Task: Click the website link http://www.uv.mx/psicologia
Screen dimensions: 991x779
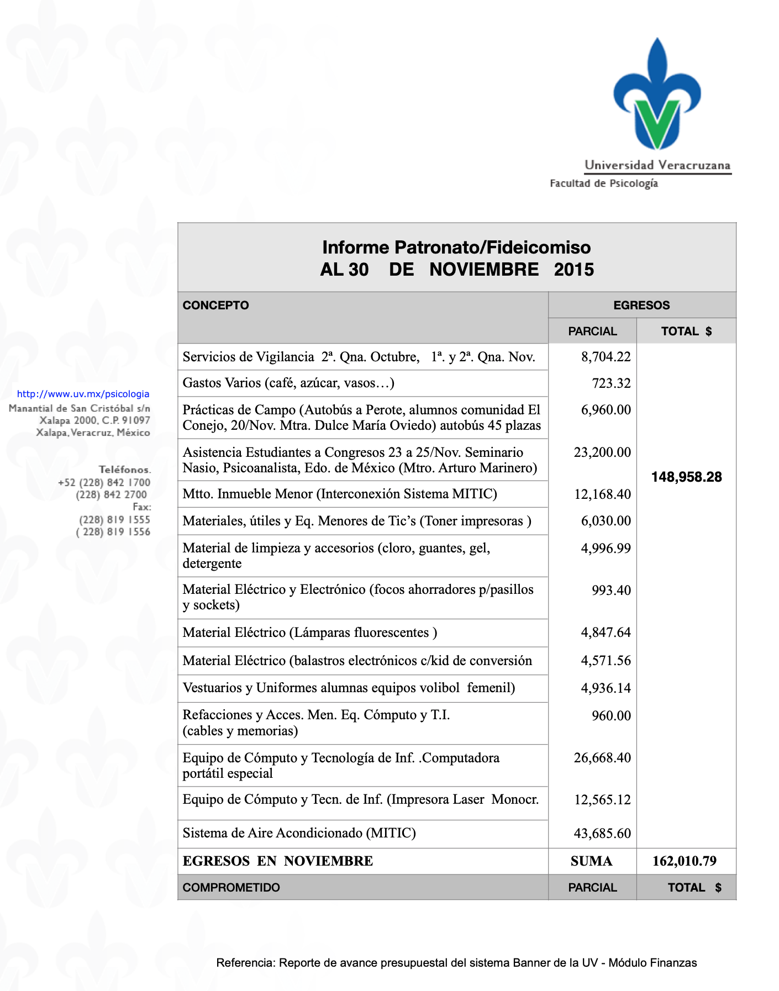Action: click(83, 394)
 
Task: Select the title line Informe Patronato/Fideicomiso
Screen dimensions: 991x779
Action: click(456, 247)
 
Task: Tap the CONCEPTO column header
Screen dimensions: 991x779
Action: click(215, 305)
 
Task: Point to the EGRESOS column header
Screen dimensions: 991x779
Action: click(641, 305)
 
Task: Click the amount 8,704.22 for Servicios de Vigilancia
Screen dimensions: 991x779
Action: click(606, 357)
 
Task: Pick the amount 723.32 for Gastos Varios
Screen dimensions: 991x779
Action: click(611, 383)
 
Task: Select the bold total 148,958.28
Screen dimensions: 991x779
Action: click(686, 477)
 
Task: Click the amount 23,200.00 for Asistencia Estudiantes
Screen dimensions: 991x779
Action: click(602, 452)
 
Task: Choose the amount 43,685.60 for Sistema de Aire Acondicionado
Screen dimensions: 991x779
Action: click(602, 833)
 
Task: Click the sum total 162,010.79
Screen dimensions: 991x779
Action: click(685, 861)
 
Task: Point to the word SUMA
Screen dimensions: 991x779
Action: click(591, 861)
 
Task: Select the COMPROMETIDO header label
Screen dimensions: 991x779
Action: click(231, 888)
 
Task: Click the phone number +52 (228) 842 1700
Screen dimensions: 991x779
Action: click(104, 482)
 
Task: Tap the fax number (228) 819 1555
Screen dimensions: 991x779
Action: click(114, 519)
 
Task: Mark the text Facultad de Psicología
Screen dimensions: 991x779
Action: click(603, 183)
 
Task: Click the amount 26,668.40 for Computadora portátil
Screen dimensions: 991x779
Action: click(602, 758)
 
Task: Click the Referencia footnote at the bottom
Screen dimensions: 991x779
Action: click(456, 963)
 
